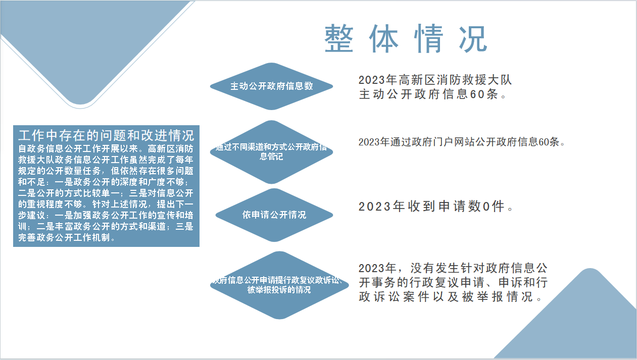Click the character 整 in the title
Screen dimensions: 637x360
click(x=338, y=38)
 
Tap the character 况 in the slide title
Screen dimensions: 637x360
click(x=473, y=38)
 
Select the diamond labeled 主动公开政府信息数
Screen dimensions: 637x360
click(x=272, y=86)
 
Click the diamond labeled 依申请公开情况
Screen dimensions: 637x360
click(x=274, y=215)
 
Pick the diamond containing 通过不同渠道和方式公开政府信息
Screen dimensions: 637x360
click(x=272, y=152)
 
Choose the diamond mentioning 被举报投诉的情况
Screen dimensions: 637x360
click(x=279, y=285)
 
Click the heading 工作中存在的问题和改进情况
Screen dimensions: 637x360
click(x=106, y=135)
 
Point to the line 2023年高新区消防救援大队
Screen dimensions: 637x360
click(x=435, y=80)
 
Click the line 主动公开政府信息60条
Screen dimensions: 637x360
click(x=432, y=94)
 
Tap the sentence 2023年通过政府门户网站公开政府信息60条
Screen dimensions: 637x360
click(x=462, y=142)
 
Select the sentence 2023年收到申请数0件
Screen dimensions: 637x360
click(x=435, y=207)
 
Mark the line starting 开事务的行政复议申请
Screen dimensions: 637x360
click(x=453, y=282)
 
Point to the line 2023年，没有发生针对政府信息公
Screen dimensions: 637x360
click(x=453, y=268)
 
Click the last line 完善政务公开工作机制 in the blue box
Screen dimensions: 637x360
click(x=67, y=237)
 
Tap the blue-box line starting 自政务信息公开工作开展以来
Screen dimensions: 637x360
click(x=106, y=148)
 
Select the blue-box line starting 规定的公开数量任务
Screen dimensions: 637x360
click(x=106, y=171)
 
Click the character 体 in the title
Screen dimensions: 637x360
click(x=383, y=38)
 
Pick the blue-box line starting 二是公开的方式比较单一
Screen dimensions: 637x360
click(x=106, y=193)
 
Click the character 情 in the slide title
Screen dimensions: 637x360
click(x=428, y=38)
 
